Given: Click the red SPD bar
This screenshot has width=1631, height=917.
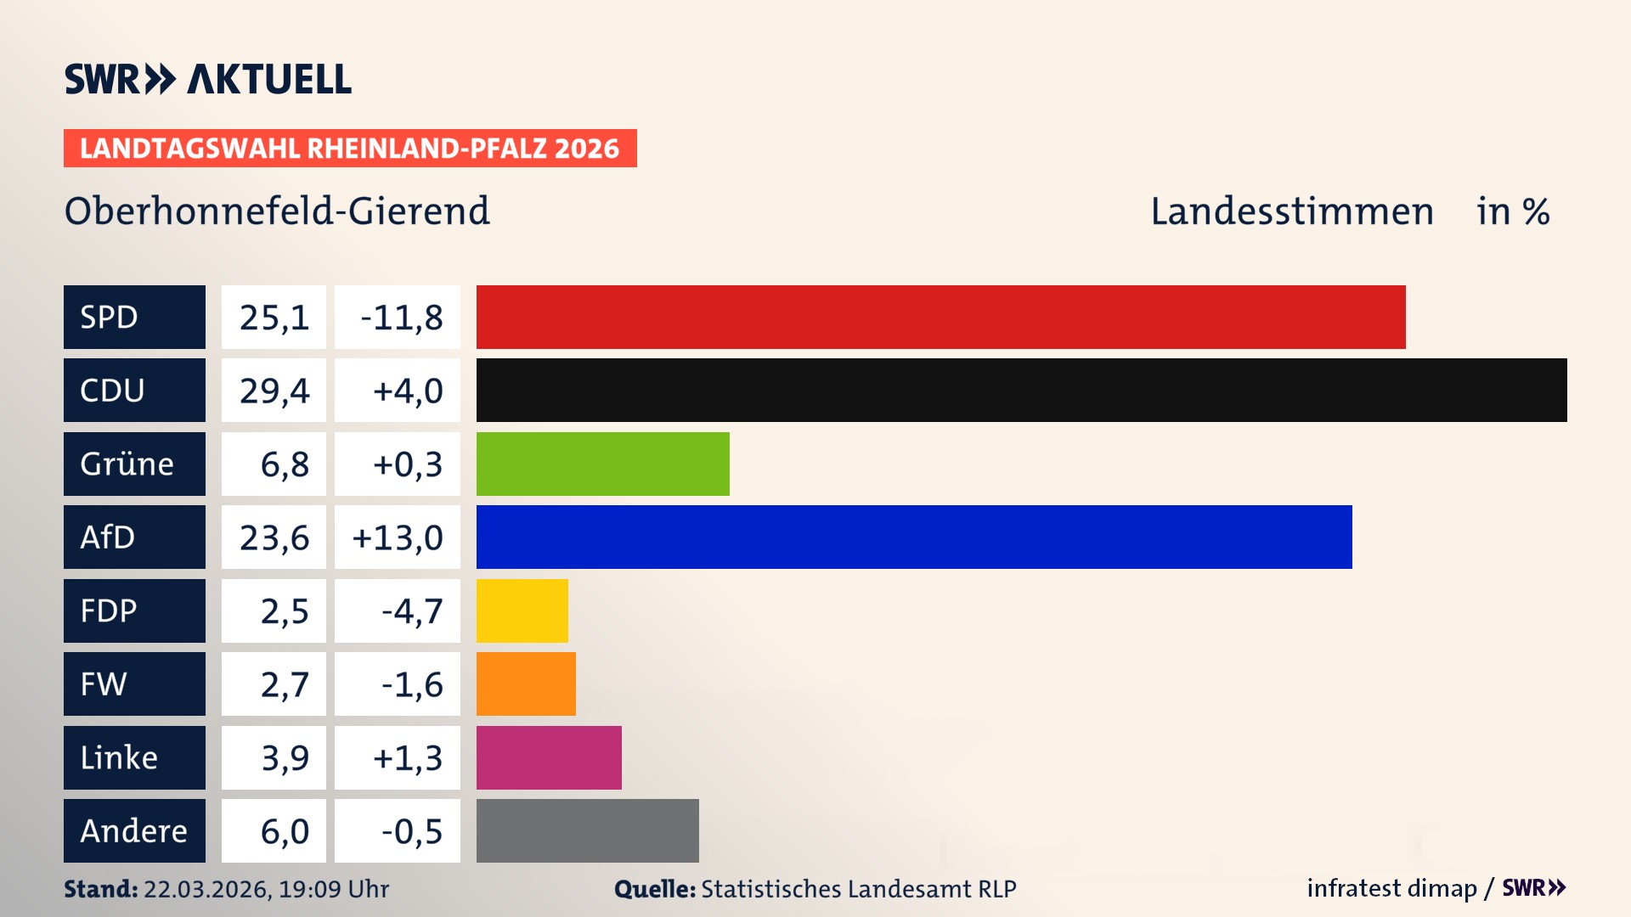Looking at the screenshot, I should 940,317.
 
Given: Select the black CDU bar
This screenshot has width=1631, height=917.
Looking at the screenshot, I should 1021,390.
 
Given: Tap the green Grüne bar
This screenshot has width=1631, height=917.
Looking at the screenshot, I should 602,464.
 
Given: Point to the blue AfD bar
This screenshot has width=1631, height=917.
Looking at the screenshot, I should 914,537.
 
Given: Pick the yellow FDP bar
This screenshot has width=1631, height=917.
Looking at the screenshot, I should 522,610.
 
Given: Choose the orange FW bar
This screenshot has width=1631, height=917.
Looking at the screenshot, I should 526,684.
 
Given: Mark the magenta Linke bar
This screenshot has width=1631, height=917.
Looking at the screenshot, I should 549,757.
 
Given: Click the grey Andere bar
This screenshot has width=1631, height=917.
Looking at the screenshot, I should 587,830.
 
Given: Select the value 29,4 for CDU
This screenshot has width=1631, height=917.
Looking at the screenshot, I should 274,391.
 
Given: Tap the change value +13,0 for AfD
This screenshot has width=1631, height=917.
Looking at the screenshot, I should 398,537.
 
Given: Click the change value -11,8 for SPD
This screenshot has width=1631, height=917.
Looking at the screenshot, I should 401,318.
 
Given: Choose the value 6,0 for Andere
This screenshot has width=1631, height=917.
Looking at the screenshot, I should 284,831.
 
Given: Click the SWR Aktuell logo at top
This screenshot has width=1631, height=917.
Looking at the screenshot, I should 207,79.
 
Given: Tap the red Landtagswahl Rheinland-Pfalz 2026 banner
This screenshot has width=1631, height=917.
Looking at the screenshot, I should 349,149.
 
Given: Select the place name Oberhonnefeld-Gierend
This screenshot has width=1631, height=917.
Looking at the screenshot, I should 277,211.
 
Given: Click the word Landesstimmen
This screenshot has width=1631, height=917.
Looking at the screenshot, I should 1291,211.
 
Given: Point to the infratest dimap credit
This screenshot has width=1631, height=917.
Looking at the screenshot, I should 1391,888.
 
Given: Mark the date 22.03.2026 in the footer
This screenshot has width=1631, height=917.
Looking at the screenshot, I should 206,889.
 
